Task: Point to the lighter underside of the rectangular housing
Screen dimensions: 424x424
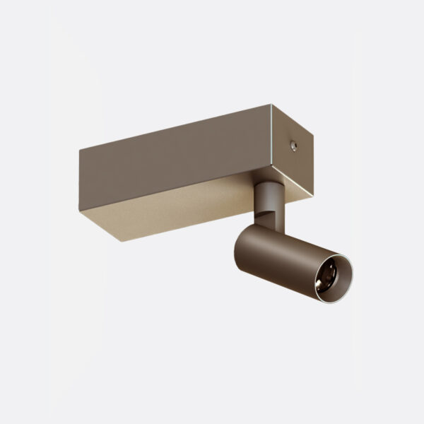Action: tap(170, 212)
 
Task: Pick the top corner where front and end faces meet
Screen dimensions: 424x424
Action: tap(271, 105)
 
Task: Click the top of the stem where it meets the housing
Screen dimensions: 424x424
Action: tap(269, 184)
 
